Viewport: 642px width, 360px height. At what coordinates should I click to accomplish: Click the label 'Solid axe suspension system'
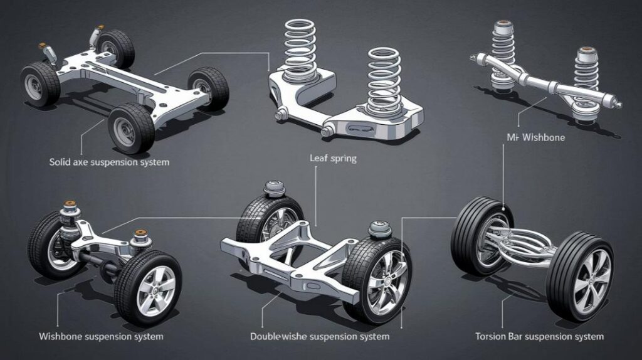(x=109, y=162)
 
